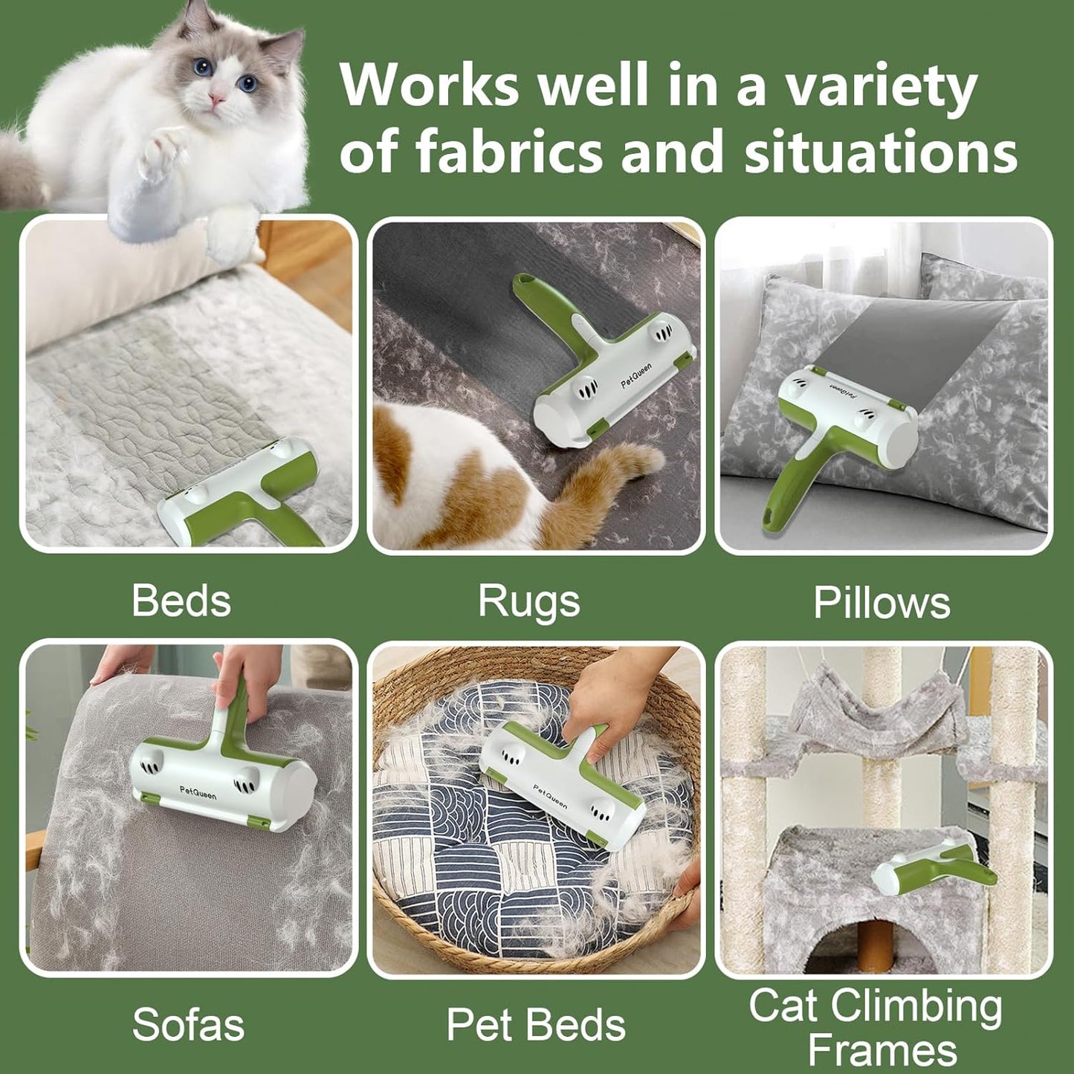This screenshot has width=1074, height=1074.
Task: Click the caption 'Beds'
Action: pyautogui.click(x=181, y=601)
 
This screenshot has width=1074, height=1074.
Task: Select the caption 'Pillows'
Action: pyautogui.click(x=881, y=602)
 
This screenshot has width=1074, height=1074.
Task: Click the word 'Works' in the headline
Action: pyautogui.click(x=430, y=85)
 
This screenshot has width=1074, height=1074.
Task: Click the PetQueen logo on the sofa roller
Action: pyautogui.click(x=198, y=792)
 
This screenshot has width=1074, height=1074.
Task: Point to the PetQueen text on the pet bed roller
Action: pyautogui.click(x=550, y=796)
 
